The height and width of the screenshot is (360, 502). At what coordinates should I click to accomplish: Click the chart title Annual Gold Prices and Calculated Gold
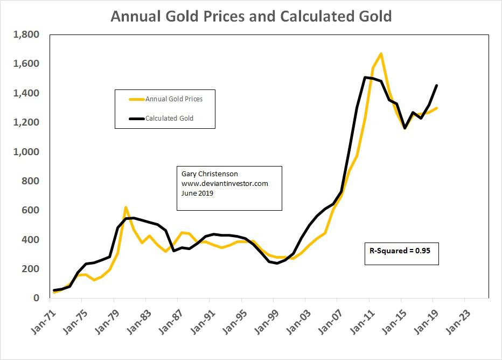(x=251, y=16)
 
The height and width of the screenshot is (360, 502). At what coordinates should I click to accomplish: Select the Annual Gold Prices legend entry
(x=173, y=99)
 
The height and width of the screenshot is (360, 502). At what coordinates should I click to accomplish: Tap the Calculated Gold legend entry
(x=169, y=118)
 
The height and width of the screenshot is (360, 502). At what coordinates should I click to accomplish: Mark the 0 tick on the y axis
(x=37, y=298)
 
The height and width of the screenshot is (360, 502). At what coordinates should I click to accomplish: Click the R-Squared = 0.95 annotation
(x=400, y=251)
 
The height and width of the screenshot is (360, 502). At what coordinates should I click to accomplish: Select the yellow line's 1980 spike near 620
(x=125, y=207)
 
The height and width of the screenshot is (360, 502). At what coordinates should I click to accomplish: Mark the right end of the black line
(x=436, y=85)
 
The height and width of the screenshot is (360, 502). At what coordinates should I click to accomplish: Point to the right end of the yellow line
(x=436, y=108)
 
